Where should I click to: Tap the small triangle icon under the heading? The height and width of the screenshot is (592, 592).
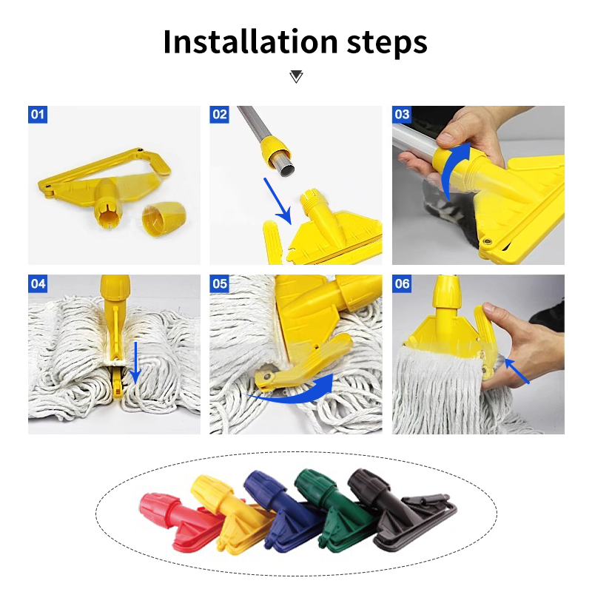(x=296, y=76)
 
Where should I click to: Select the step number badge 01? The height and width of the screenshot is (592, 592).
(x=38, y=115)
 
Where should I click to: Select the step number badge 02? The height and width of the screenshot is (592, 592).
(x=220, y=115)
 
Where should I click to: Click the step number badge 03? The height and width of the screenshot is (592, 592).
(x=402, y=115)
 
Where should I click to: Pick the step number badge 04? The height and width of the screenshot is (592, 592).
(x=38, y=283)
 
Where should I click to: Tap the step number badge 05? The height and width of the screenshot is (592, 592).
(x=220, y=283)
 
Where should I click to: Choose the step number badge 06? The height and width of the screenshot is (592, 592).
(x=402, y=283)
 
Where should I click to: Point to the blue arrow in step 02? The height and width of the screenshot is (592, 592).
(x=277, y=200)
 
